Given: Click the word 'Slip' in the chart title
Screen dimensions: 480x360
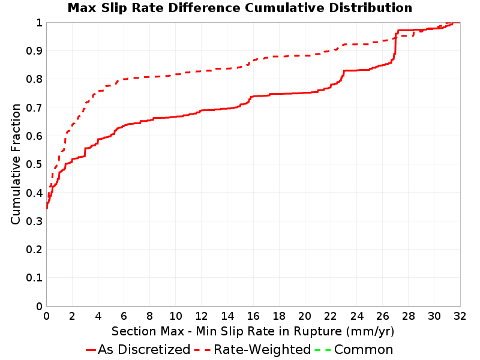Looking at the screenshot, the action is click(115, 8).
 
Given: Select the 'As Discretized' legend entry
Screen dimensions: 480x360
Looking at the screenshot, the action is click(138, 349).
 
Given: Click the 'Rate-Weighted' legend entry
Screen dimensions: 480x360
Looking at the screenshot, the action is click(253, 349).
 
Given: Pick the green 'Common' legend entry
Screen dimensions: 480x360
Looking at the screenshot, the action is click(354, 349).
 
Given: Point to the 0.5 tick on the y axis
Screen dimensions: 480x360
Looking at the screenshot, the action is click(34, 164).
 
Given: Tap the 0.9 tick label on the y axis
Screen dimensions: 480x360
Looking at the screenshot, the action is click(34, 50).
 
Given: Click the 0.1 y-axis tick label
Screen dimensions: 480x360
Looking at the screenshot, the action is click(34, 278).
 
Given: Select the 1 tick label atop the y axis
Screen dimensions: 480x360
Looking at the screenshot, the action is click(39, 22).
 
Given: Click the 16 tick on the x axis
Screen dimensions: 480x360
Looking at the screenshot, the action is click(253, 316).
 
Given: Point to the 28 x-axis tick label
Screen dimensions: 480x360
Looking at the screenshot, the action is click(409, 316).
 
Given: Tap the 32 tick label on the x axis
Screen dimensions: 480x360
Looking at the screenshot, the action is click(460, 316).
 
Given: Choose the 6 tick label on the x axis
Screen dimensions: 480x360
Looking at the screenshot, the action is click(124, 316).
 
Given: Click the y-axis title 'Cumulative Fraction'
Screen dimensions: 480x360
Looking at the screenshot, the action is click(16, 164).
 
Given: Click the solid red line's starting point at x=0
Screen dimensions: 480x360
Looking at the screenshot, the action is click(47, 208).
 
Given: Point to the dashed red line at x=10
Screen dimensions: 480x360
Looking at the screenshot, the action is click(176, 74).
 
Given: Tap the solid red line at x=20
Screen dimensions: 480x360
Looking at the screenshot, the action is click(305, 93).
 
